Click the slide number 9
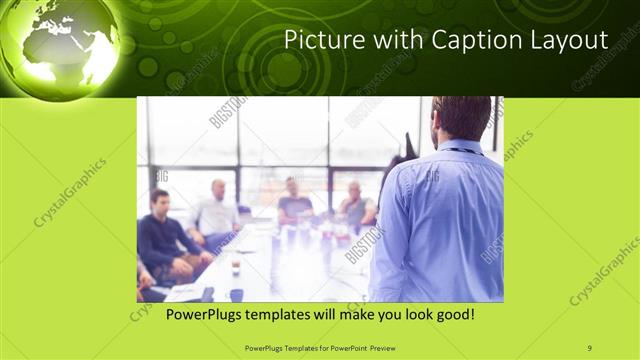(x=589, y=346)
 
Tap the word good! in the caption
(x=451, y=315)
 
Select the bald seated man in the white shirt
(x=215, y=212)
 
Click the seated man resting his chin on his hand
(x=354, y=205)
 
